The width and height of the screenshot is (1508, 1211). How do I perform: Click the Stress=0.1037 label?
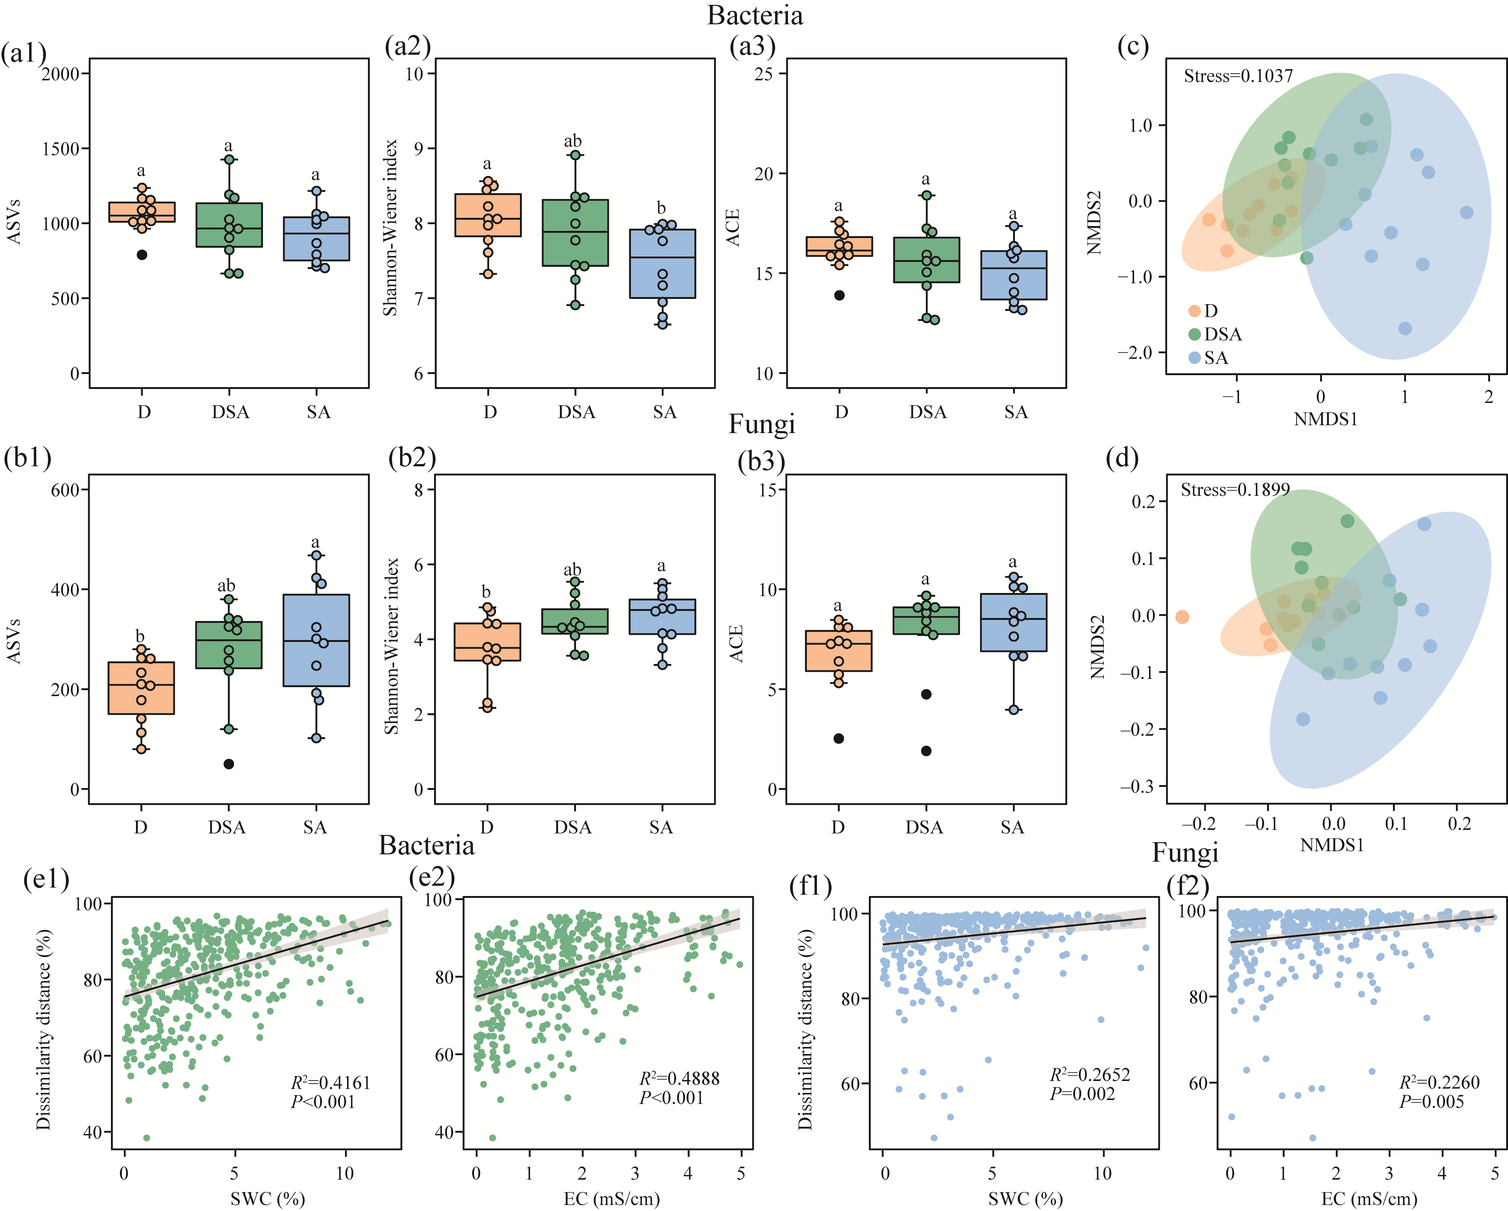click(x=1238, y=75)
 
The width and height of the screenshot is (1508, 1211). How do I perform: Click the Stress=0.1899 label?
click(x=1235, y=490)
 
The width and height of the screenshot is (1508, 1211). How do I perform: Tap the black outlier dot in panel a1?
click(x=142, y=255)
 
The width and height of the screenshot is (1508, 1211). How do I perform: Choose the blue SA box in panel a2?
click(x=662, y=264)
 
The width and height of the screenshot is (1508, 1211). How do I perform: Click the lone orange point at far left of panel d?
click(x=1182, y=617)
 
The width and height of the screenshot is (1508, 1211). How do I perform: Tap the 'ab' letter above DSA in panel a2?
click(x=573, y=141)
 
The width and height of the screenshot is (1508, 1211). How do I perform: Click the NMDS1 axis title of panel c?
click(x=1325, y=419)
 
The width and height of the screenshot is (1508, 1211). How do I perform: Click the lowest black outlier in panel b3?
click(x=926, y=751)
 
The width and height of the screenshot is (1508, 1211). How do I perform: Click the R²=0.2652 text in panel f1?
click(x=1090, y=1075)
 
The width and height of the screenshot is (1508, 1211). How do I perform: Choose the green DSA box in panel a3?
click(x=927, y=260)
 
